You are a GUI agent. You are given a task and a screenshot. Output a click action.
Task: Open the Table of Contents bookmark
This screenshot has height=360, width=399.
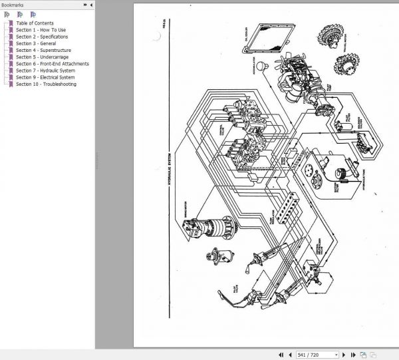point(35,23)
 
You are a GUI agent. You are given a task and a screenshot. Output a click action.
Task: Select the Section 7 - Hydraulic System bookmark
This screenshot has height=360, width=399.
point(45,71)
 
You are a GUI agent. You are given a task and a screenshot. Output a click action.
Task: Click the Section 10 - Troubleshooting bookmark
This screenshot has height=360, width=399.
point(46,85)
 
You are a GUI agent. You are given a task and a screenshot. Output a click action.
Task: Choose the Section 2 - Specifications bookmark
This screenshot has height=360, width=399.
point(42,37)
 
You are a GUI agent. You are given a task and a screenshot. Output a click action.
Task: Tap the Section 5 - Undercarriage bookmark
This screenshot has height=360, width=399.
point(41,57)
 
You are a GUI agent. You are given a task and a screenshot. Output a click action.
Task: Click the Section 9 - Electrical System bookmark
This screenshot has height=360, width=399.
point(45,77)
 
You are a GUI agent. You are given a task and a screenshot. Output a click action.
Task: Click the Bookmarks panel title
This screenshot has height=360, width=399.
point(13,5)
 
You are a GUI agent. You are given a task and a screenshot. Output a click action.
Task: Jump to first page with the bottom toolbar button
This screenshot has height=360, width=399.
point(281,355)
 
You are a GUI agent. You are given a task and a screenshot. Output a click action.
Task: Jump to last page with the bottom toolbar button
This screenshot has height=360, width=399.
point(352,355)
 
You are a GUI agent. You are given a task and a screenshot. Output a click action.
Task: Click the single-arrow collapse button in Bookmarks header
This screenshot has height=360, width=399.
point(85,5)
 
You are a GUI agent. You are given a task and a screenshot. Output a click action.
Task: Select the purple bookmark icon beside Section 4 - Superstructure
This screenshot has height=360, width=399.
point(10,51)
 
